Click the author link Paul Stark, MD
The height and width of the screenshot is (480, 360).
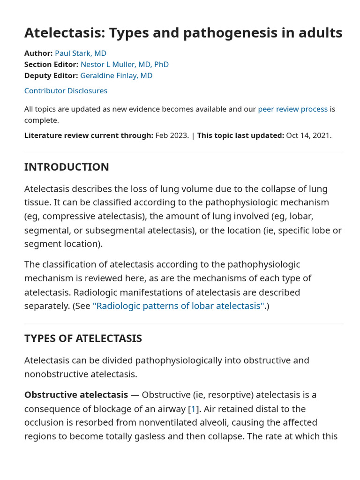click(x=80, y=53)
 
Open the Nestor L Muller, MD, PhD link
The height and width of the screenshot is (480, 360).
click(x=124, y=64)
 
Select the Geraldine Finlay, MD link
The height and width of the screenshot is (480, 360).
click(x=116, y=75)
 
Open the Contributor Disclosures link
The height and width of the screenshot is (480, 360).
click(x=66, y=90)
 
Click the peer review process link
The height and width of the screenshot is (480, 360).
click(x=292, y=109)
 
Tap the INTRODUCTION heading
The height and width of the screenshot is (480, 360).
click(x=67, y=167)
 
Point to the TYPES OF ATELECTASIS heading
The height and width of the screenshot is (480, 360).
click(x=83, y=338)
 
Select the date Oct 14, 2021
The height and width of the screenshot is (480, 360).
click(x=308, y=135)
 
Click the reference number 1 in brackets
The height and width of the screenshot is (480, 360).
click(x=193, y=409)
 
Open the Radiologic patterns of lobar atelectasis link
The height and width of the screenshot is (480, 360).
click(x=179, y=306)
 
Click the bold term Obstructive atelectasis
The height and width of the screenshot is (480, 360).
click(x=76, y=395)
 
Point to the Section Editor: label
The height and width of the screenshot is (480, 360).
click(x=51, y=64)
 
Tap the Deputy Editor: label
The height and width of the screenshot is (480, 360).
click(x=51, y=75)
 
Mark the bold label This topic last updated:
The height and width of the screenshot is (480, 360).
click(x=240, y=135)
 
